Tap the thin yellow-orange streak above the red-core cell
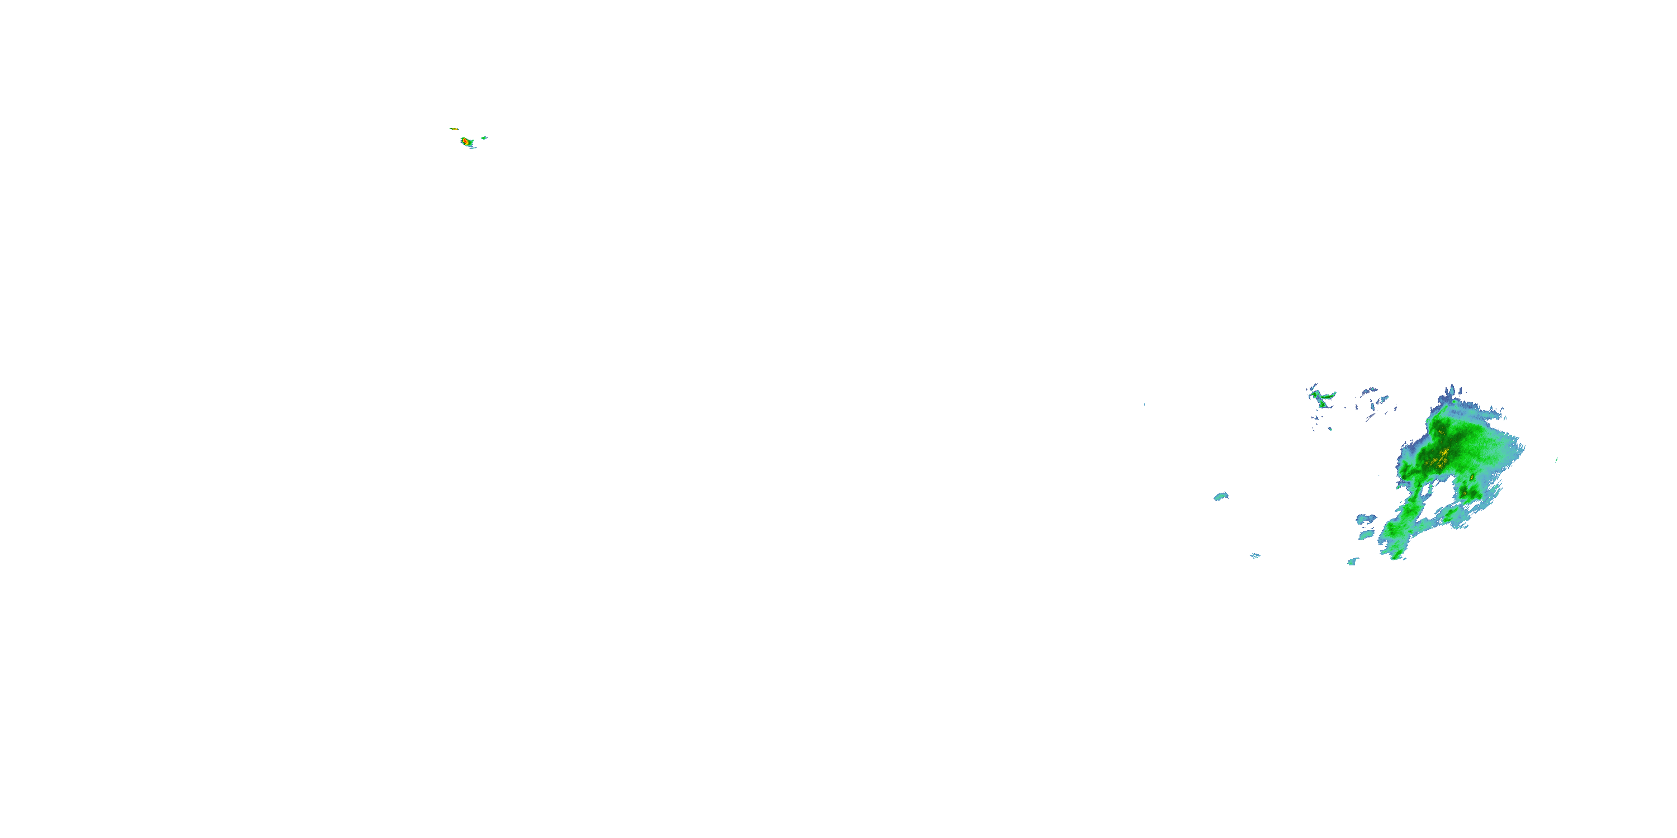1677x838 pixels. point(454,129)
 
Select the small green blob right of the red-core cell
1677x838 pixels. point(484,138)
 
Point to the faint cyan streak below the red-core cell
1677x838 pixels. point(471,147)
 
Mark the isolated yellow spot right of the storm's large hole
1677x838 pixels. point(1471,478)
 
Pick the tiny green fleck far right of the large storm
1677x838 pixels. point(1557,459)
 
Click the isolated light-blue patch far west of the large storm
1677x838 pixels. point(1221,497)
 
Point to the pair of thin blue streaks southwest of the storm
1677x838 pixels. point(1255,556)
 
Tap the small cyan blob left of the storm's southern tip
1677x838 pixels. point(1353,561)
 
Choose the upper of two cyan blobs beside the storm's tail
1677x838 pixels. point(1365,518)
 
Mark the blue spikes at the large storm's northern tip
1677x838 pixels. point(1451,392)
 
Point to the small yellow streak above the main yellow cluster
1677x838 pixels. point(1440,431)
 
